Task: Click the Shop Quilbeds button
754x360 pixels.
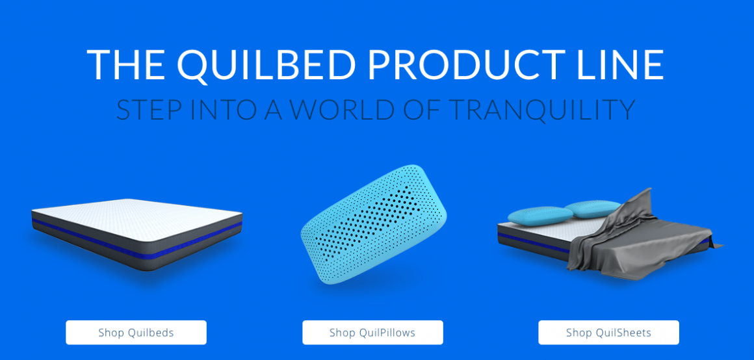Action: point(136,333)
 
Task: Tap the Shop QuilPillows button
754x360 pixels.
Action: point(372,333)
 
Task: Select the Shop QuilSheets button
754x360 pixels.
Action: point(609,333)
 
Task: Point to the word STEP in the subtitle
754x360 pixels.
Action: point(149,110)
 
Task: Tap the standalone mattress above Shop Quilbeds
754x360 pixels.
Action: point(137,235)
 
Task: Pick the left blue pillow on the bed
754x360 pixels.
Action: point(540,216)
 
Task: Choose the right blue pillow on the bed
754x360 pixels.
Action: point(592,209)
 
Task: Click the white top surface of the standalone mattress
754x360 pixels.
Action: point(137,213)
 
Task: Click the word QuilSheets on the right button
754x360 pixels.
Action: point(624,333)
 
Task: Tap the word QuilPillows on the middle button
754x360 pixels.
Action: point(387,333)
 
